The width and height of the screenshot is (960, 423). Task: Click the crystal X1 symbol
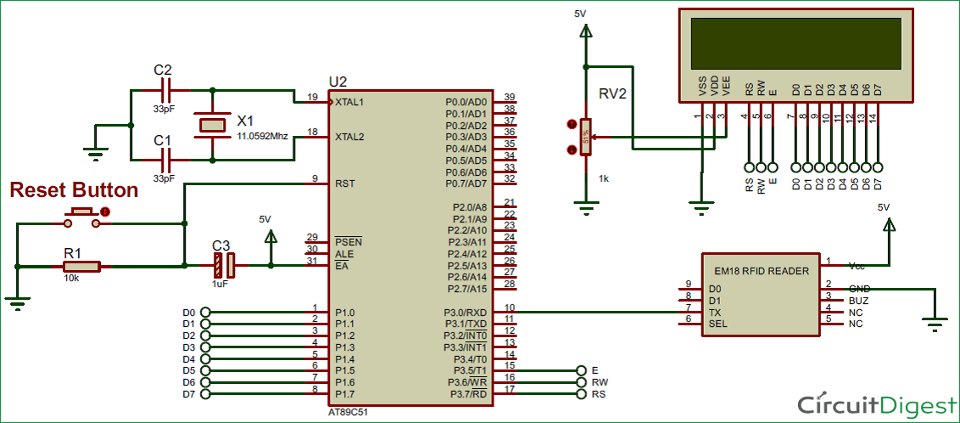coord(211,124)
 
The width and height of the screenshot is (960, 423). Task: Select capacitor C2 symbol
coord(166,89)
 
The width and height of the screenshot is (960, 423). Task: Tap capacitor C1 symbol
coord(166,158)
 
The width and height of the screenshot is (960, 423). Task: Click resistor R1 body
coord(81,266)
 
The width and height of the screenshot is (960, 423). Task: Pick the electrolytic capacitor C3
coord(224,266)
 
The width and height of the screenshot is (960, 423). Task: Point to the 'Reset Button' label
coord(74,189)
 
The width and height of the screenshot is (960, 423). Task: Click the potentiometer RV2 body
coord(584,137)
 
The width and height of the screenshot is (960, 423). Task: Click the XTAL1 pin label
coord(349,102)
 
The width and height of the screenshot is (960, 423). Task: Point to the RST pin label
coord(344,183)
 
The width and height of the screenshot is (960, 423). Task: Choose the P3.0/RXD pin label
coord(466,312)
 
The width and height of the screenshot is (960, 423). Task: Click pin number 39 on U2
coord(509,97)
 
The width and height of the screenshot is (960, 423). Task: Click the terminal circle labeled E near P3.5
coord(580,370)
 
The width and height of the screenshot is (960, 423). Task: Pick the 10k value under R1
coord(71,278)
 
